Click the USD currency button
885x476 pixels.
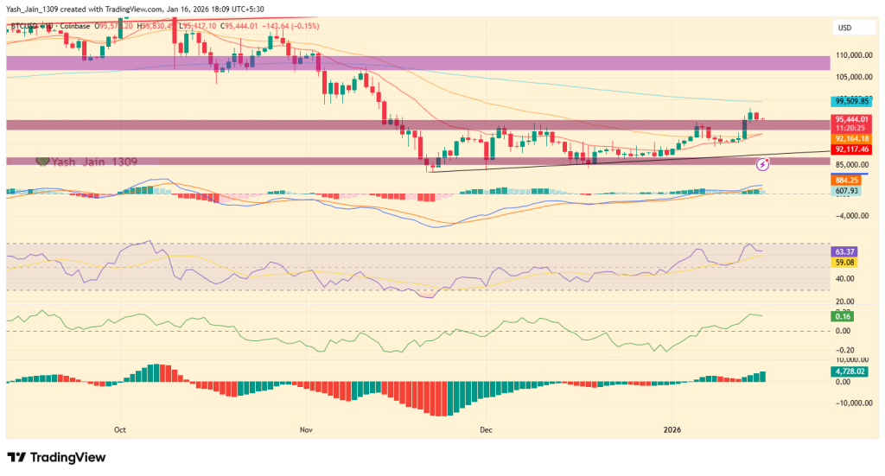point(844,28)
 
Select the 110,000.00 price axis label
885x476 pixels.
point(855,54)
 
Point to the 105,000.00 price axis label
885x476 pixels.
point(855,75)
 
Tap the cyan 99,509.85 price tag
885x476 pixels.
point(855,100)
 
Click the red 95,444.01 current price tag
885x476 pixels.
point(853,119)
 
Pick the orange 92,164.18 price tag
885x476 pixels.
point(853,138)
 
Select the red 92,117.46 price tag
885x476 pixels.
point(853,149)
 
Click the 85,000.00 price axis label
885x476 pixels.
point(854,164)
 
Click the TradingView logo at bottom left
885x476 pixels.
point(56,457)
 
